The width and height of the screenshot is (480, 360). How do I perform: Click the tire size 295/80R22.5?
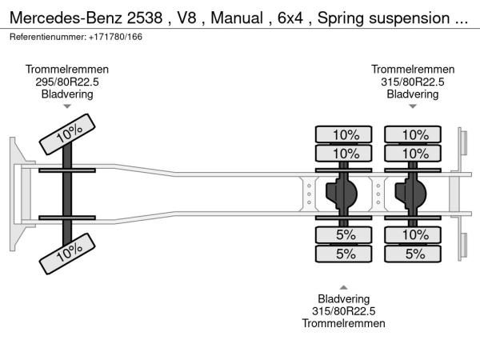pyautogui.click(x=67, y=82)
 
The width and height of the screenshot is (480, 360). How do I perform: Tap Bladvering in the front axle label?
pyautogui.click(x=67, y=94)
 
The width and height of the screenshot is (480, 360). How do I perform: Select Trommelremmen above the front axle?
pyautogui.click(x=67, y=70)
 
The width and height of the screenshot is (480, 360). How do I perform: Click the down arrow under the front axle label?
pyautogui.click(x=67, y=106)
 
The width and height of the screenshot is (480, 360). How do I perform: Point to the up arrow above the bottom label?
pyautogui.click(x=344, y=287)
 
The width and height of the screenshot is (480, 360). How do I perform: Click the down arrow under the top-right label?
pyautogui.click(x=413, y=106)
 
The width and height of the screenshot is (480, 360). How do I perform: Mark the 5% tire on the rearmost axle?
pyautogui.click(x=414, y=254)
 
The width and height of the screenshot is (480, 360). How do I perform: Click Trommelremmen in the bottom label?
pyautogui.click(x=344, y=323)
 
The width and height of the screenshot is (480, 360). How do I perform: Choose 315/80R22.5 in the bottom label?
pyautogui.click(x=344, y=311)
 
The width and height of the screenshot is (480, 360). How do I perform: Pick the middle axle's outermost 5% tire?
pyautogui.click(x=346, y=254)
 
